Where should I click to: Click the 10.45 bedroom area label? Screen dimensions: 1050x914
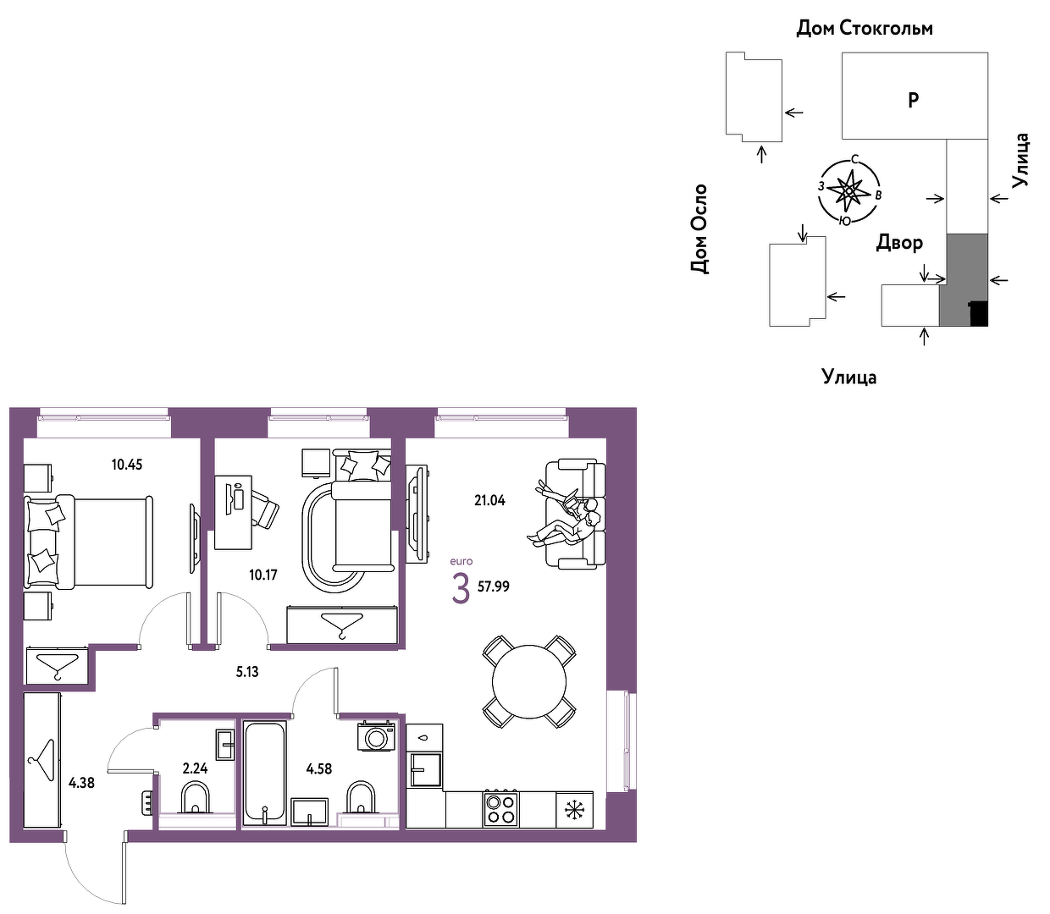(127, 465)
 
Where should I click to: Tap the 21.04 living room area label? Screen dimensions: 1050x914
(489, 500)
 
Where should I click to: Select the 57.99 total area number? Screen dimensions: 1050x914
(493, 586)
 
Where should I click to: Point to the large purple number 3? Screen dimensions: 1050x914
(461, 589)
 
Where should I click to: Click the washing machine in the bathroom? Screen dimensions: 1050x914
(377, 736)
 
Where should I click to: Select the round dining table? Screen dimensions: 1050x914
(528, 681)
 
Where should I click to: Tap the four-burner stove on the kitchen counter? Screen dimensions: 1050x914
(500, 809)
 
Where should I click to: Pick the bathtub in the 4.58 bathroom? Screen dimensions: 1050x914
(264, 773)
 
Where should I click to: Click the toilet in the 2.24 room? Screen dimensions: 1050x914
(195, 797)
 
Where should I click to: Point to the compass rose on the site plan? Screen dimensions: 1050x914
(848, 190)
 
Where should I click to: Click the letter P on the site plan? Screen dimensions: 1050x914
(913, 100)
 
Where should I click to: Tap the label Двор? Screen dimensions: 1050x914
(898, 242)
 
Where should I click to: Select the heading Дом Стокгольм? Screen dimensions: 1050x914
(865, 28)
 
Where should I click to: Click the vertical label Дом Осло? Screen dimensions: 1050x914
(699, 228)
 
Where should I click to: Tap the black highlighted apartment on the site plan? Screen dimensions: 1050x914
(979, 314)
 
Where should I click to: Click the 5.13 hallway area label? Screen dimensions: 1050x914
(247, 672)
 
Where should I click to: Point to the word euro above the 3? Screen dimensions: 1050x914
(461, 561)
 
